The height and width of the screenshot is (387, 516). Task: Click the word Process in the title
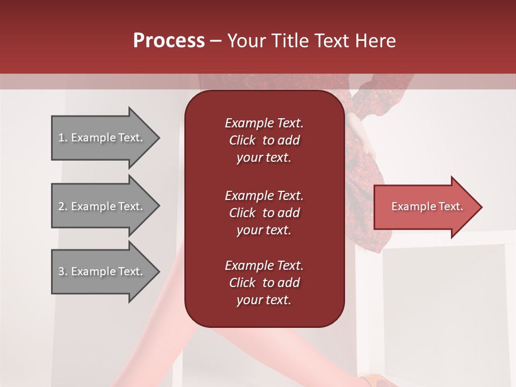169,41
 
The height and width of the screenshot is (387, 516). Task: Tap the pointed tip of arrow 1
158,138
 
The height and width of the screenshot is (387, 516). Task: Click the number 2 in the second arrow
61,206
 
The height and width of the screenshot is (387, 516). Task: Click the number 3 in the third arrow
61,271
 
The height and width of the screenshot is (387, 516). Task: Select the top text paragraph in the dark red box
264,140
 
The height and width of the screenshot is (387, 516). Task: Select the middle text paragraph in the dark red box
264,213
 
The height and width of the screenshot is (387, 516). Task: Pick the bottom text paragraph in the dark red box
264,283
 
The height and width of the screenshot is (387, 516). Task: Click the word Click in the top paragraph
242,140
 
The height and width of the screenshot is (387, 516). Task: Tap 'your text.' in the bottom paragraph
264,300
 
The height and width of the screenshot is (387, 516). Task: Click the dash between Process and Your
216,41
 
